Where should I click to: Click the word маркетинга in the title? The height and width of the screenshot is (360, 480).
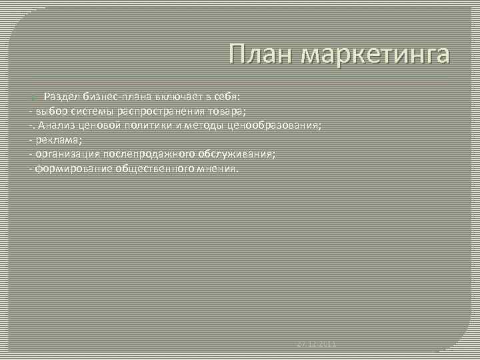[x=376, y=55]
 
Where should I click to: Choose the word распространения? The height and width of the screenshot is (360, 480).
[x=158, y=111]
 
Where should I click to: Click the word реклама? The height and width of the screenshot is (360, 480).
[x=57, y=139]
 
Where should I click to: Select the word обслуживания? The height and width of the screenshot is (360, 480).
[x=232, y=154]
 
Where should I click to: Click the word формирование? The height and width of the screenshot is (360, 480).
[x=73, y=169]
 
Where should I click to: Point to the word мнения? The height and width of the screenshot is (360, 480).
[x=219, y=169]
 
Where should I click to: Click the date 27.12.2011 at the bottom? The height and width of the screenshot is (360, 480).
[x=317, y=344]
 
